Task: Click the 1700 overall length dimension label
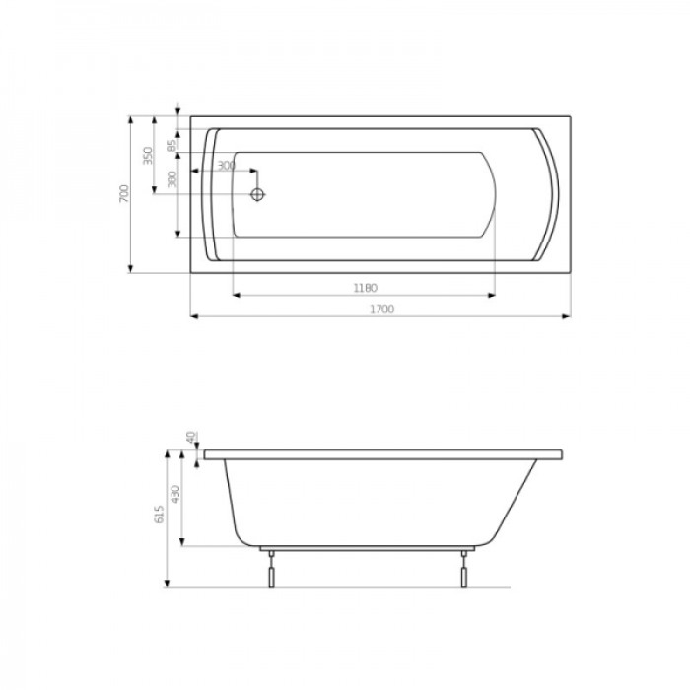pos(382,310)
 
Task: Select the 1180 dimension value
pos(365,288)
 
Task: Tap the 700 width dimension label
pos(123,194)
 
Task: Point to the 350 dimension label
pos(148,156)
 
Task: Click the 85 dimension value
pos(172,145)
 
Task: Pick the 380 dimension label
pos(172,180)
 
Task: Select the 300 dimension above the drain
pos(226,166)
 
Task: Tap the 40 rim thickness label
pos(190,438)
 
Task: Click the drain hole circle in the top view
pos(259,194)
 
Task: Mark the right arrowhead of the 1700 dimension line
pos(569,316)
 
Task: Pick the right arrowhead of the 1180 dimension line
pos(492,295)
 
